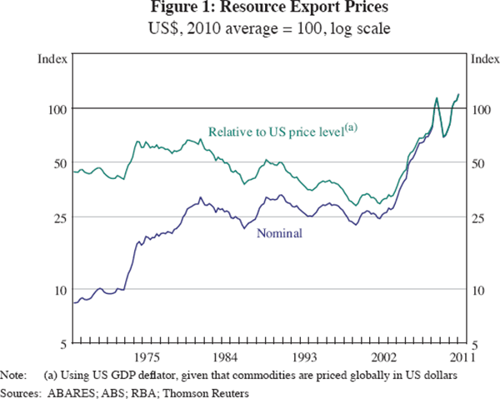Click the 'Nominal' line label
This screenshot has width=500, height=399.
(x=280, y=233)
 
